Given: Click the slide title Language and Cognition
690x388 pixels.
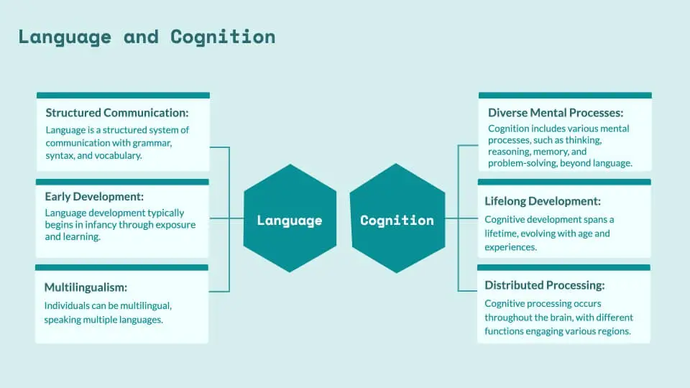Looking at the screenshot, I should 147,37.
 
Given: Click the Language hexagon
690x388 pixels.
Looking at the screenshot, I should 290,220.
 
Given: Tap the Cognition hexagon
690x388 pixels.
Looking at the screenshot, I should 397,220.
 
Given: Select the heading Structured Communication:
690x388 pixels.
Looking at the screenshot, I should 116,113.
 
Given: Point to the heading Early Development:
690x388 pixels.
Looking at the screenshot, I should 93,197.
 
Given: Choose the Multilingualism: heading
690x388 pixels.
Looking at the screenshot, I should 86,287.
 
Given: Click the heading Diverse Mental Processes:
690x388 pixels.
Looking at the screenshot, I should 555,113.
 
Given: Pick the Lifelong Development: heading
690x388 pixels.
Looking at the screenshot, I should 543,201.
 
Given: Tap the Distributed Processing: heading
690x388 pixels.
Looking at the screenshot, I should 544,285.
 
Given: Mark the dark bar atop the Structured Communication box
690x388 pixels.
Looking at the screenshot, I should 123,95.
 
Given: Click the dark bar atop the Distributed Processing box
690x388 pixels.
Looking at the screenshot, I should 564,267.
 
